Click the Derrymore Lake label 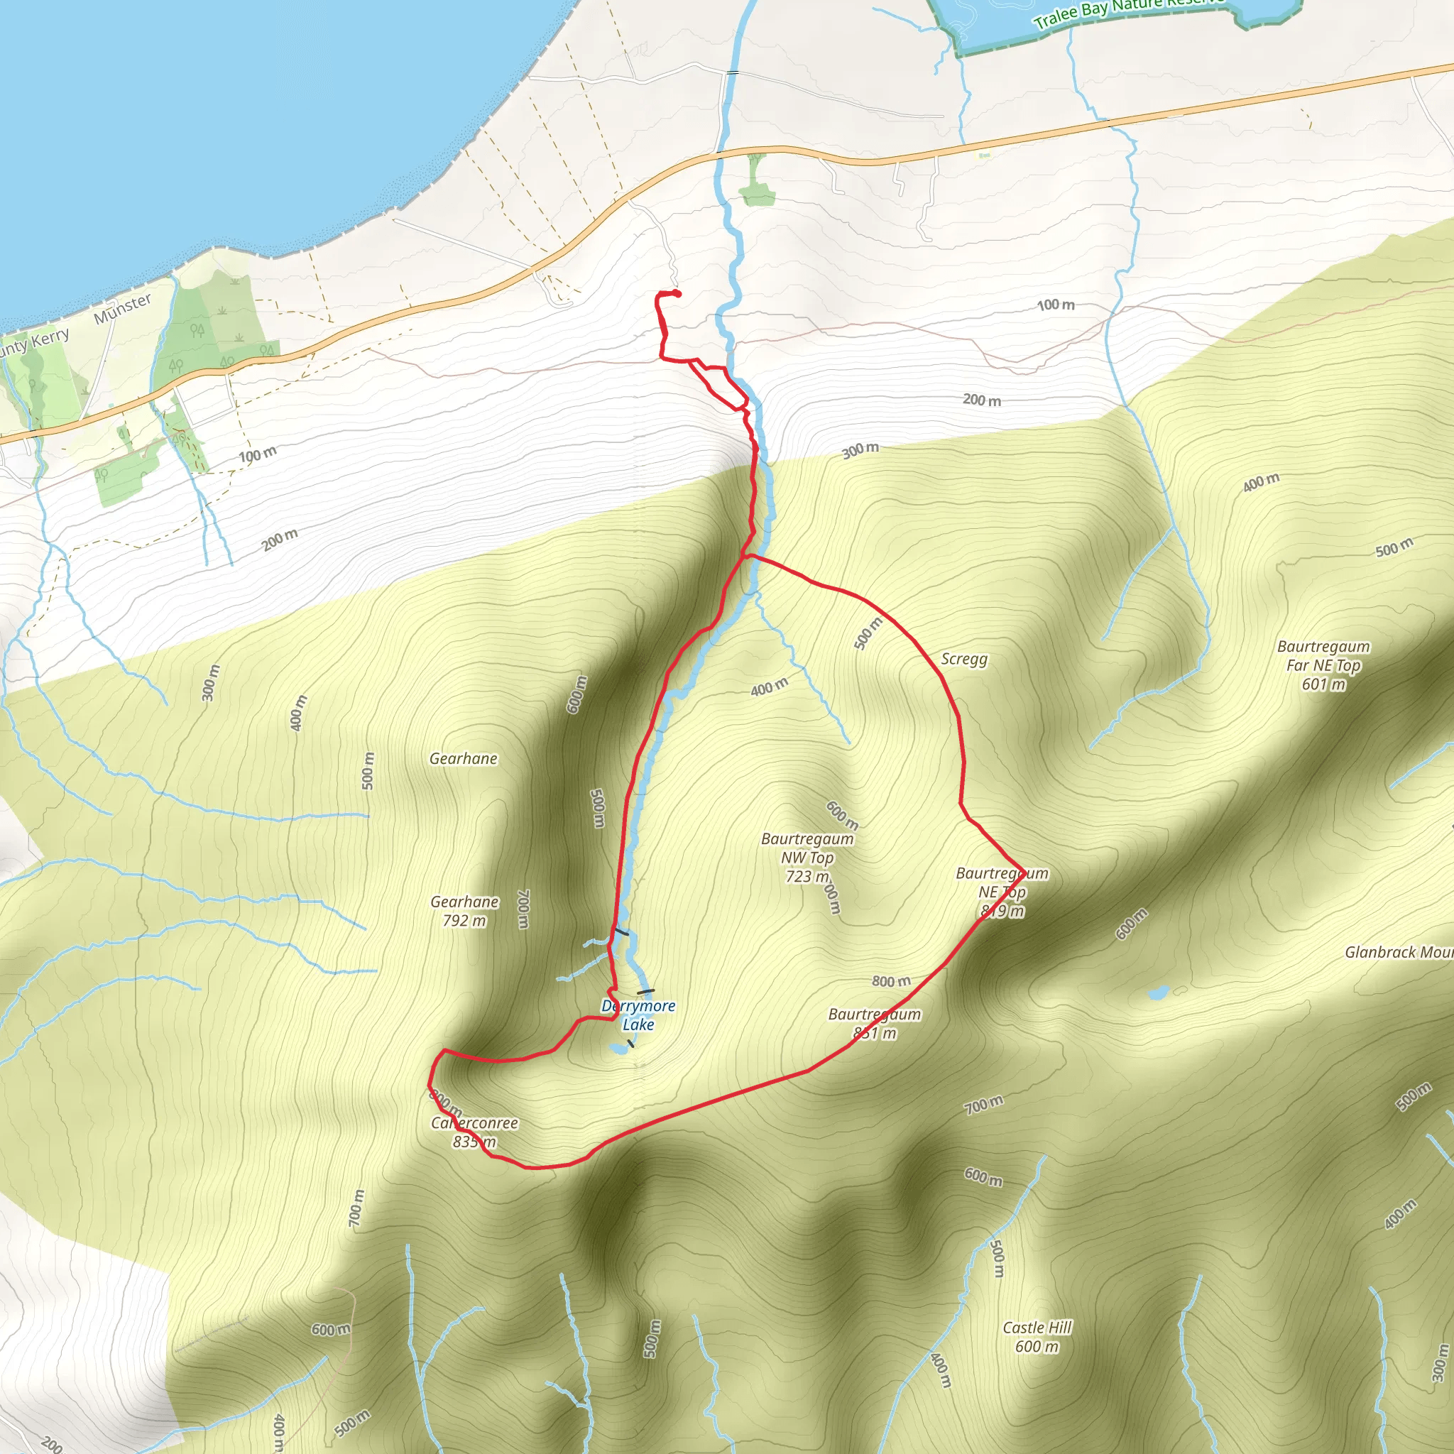(638, 1015)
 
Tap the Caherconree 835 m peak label (474, 1132)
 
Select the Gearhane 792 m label (464, 911)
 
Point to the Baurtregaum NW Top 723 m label (807, 857)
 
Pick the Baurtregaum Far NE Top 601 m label (1323, 665)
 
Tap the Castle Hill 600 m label (1037, 1337)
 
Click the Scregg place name (964, 660)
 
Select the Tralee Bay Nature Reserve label (1129, 11)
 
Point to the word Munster (123, 309)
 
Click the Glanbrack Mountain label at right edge (1399, 952)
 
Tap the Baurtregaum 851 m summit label (875, 1024)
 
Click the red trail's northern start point (677, 293)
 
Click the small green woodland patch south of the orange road (756, 192)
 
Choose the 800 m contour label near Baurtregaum (891, 981)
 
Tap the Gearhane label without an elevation (464, 759)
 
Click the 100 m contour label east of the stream (1055, 305)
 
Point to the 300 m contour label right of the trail (860, 450)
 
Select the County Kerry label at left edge (34, 342)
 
